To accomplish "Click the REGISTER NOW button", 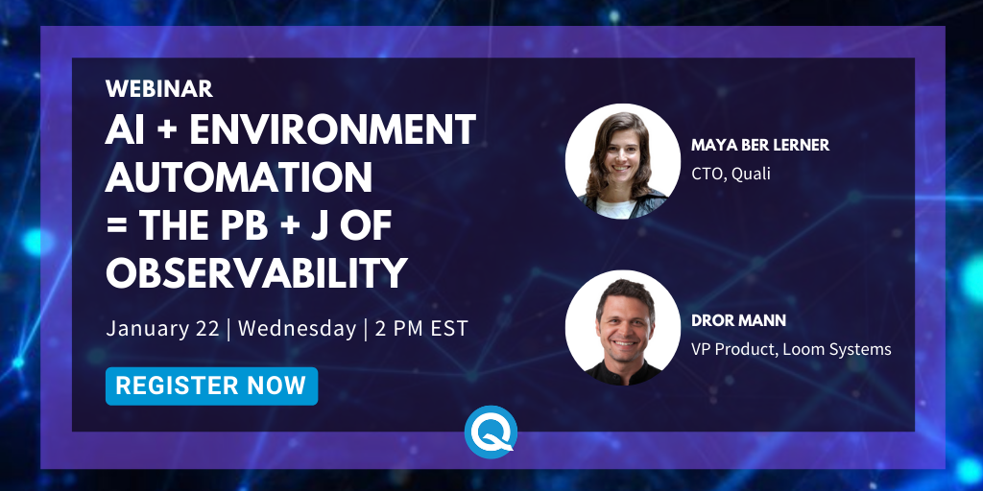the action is click(x=211, y=386).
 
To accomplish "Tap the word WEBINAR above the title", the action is click(x=159, y=89).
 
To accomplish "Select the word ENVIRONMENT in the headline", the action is click(x=332, y=129).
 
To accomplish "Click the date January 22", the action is click(x=162, y=329).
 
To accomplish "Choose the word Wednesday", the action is click(x=298, y=329).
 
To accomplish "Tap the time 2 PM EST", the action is click(x=421, y=329).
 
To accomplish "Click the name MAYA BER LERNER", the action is click(x=760, y=146).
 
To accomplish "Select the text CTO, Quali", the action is click(x=731, y=174).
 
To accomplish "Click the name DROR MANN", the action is click(x=738, y=320).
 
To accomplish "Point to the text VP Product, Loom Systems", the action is click(x=791, y=349).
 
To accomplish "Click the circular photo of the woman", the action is click(x=622, y=161).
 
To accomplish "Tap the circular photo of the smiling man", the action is click(x=622, y=328).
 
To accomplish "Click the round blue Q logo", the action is click(x=491, y=433).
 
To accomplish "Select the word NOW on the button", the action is click(x=276, y=386).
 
